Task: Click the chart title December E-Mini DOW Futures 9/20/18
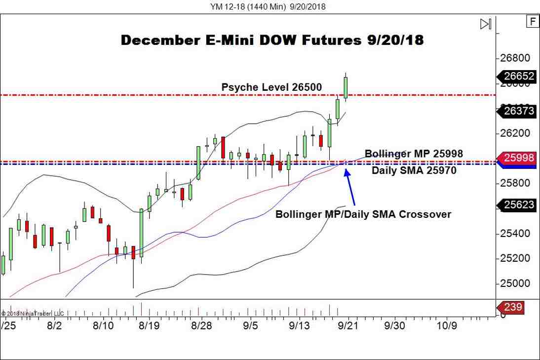click(272, 40)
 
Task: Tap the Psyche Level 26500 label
click(271, 87)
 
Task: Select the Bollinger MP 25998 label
click(414, 154)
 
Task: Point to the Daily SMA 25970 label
click(414, 171)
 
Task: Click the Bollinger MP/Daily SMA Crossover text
click(363, 214)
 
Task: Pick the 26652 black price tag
click(519, 76)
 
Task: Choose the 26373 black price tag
click(519, 111)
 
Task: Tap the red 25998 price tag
click(519, 158)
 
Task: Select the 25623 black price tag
click(519, 204)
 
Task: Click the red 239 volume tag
click(513, 307)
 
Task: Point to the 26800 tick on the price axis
click(516, 58)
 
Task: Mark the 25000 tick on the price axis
click(516, 283)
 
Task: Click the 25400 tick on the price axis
click(516, 233)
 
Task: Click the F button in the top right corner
click(532, 21)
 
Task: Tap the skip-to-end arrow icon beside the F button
click(486, 24)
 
